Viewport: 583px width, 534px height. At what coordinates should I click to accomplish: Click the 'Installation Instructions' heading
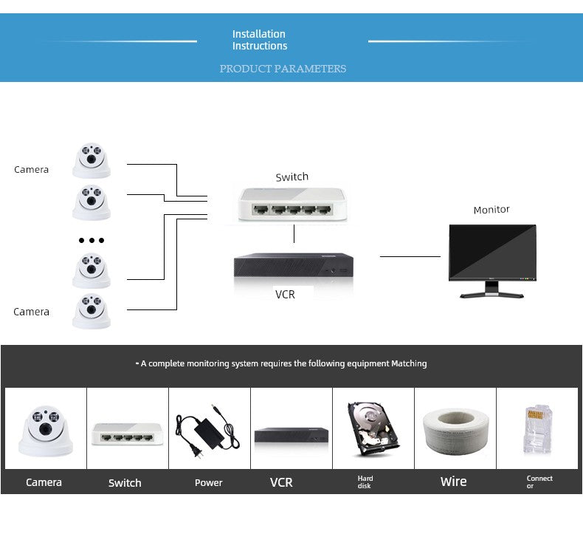[x=258, y=40]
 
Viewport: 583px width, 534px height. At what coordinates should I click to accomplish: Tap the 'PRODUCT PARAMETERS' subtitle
[x=283, y=69]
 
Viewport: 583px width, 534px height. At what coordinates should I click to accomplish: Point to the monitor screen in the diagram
[x=492, y=253]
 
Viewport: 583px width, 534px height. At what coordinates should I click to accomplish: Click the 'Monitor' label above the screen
[x=491, y=210]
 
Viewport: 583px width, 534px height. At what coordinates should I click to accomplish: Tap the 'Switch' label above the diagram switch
[x=291, y=177]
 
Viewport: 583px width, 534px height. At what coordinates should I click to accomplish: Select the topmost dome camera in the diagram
[x=91, y=160]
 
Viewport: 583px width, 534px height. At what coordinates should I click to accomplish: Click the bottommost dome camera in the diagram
[x=91, y=311]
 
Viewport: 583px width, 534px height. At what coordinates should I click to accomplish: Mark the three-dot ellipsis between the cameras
[x=92, y=240]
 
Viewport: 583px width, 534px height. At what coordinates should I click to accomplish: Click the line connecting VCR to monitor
[x=410, y=256]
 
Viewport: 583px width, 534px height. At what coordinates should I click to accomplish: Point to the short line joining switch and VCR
[x=294, y=234]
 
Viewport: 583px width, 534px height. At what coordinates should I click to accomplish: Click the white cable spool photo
[x=455, y=429]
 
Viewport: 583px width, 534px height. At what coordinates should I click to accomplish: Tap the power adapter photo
[x=207, y=429]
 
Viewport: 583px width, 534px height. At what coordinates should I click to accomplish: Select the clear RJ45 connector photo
[x=537, y=428]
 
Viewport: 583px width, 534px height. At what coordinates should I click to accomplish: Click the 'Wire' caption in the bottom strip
[x=453, y=482]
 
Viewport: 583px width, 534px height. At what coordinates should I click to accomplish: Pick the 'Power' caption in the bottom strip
[x=208, y=483]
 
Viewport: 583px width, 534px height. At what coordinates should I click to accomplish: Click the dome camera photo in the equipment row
[x=45, y=428]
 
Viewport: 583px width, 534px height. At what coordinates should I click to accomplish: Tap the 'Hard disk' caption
[x=365, y=482]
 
